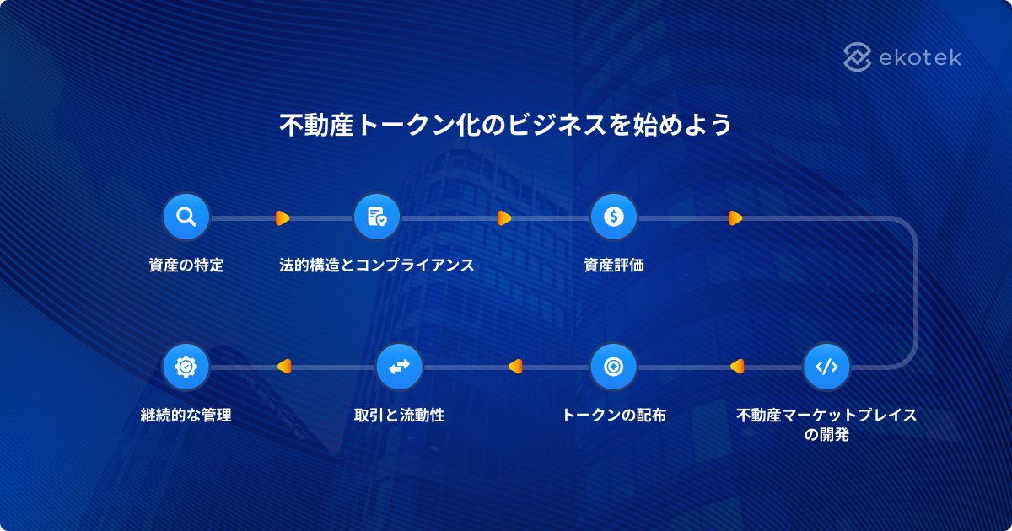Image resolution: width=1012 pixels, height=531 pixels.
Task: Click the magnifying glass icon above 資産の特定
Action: click(186, 217)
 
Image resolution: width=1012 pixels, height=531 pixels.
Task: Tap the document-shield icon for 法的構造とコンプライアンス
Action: click(376, 217)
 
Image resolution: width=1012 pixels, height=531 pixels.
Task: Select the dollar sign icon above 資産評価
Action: click(613, 217)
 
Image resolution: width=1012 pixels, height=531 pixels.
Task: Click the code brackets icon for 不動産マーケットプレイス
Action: click(826, 367)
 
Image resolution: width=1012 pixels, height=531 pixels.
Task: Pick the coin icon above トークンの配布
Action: click(613, 367)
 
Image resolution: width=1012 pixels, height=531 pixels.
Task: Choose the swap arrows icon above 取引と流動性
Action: click(399, 367)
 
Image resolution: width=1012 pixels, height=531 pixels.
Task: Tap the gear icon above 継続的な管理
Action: click(186, 367)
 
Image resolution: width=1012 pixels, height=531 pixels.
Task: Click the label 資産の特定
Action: click(186, 265)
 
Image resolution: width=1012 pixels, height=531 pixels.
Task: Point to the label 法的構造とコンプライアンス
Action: click(376, 265)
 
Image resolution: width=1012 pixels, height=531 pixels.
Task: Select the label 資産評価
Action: click(613, 265)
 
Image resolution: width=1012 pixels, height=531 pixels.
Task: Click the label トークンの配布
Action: click(613, 416)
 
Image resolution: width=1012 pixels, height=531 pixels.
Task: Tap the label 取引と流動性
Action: click(399, 416)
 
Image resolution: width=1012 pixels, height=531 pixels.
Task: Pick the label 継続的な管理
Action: click(186, 416)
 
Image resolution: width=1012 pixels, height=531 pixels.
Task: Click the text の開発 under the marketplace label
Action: click(826, 436)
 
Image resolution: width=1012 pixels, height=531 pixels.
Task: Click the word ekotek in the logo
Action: click(920, 57)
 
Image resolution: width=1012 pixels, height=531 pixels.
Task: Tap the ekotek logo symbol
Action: click(858, 57)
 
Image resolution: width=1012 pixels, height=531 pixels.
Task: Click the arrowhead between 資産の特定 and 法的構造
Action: click(283, 218)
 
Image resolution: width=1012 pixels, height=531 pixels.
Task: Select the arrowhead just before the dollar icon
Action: click(504, 218)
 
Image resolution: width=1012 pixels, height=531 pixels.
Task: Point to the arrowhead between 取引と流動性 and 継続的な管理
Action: click(283, 367)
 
